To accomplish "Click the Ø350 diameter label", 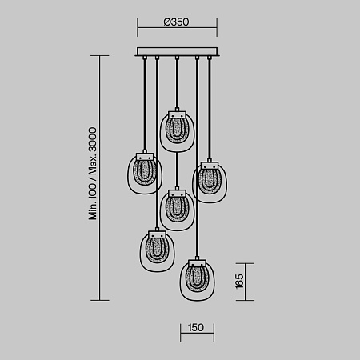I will click(x=176, y=22).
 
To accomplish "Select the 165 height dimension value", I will click(x=239, y=282).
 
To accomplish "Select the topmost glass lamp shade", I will click(x=176, y=130).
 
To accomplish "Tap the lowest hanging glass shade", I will click(x=194, y=279).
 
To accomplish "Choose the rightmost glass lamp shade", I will click(x=210, y=182).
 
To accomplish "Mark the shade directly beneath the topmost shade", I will click(x=176, y=210).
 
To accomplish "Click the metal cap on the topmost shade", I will click(x=176, y=111).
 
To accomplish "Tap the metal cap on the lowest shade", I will click(x=194, y=259).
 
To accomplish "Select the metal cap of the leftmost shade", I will click(x=145, y=153).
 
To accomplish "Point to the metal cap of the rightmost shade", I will click(x=210, y=163).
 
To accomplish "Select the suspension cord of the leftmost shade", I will click(x=145, y=104).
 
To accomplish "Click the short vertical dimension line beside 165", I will click(x=252, y=282).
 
